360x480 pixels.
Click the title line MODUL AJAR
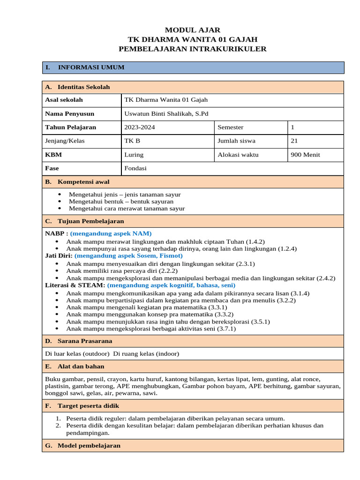(193, 30)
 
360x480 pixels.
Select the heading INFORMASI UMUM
(91, 67)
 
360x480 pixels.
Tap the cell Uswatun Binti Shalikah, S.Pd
(166, 113)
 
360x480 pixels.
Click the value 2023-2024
(139, 127)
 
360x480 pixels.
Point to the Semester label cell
(230, 127)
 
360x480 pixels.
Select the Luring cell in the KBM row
(134, 154)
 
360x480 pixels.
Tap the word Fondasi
(135, 168)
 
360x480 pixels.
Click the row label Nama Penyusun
(69, 113)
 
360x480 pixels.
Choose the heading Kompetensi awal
(83, 182)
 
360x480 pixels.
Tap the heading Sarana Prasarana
(85, 341)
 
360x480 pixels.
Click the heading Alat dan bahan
(81, 367)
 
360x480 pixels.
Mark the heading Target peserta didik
(88, 406)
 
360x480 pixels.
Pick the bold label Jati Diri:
(59, 256)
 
